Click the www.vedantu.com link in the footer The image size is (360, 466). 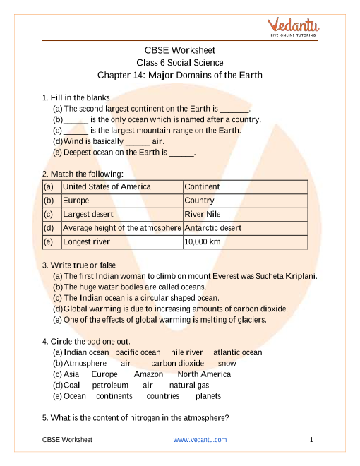point(200,440)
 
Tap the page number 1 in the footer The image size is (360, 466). point(311,440)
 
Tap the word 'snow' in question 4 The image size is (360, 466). point(227,364)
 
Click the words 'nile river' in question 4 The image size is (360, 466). point(187,352)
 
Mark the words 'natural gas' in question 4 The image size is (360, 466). point(189,386)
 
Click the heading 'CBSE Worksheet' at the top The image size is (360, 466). point(180,50)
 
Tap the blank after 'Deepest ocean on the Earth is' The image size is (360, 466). point(181,153)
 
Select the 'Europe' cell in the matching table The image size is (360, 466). point(76,201)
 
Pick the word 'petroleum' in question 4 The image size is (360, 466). point(110,386)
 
